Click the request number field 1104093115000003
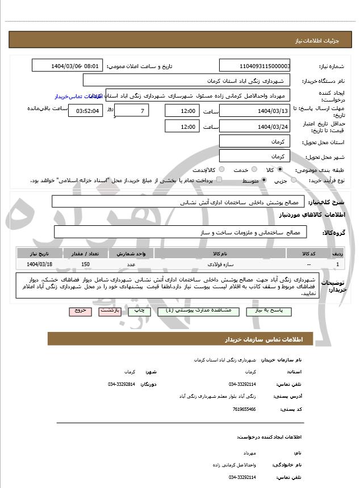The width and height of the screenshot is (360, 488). [x=254, y=66]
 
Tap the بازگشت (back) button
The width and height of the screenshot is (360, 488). [x=110, y=310]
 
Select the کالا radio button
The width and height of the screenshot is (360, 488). [x=280, y=170]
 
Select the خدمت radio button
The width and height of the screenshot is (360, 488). [x=253, y=170]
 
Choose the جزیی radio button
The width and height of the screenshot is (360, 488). [x=294, y=180]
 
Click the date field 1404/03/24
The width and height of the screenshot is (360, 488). [x=254, y=127]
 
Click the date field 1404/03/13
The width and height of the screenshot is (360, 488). [x=254, y=111]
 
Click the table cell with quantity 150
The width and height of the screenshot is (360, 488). [x=86, y=264]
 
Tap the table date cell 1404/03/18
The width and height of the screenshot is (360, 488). [x=40, y=264]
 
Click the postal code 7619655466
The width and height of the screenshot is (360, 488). [x=244, y=409]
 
